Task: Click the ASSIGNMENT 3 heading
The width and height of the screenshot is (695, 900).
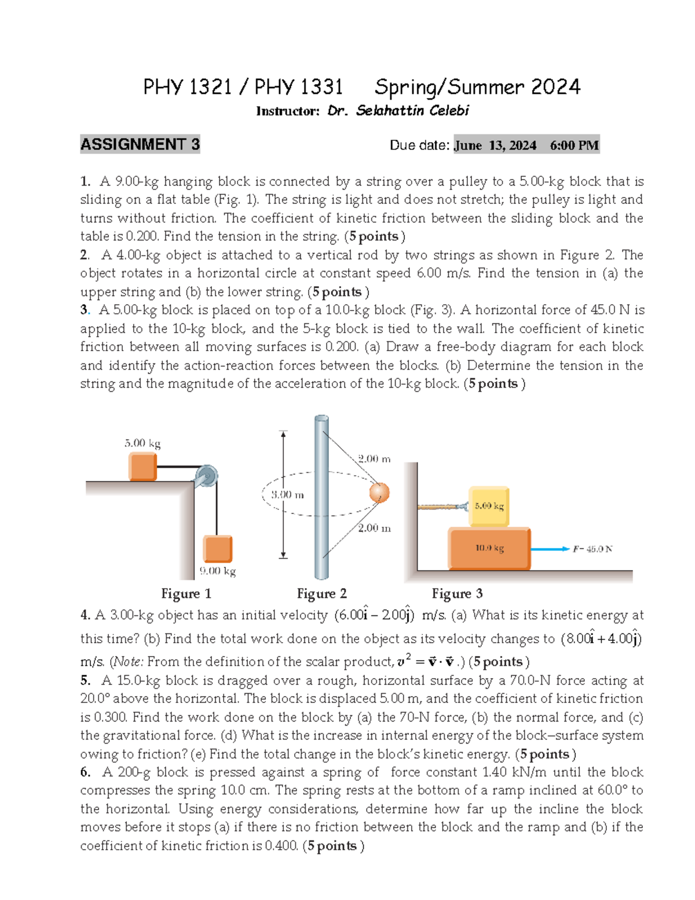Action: click(140, 144)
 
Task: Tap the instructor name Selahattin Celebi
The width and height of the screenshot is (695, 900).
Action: click(412, 111)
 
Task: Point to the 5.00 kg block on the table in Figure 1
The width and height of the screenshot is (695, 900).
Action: click(142, 467)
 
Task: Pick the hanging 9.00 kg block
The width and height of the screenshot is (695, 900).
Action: click(218, 548)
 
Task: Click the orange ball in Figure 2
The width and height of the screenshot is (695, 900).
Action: click(379, 493)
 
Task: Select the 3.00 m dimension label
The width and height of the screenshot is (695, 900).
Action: click(287, 495)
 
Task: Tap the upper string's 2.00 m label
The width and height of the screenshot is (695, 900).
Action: click(374, 459)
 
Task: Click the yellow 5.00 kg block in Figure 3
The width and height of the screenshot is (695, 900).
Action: click(489, 506)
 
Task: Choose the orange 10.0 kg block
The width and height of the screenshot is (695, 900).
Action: click(489, 548)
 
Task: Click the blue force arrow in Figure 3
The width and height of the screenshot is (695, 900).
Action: click(550, 549)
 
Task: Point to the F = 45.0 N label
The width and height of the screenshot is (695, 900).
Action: click(592, 549)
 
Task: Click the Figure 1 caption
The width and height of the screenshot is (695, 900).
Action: click(186, 593)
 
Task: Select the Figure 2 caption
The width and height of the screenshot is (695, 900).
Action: click(321, 593)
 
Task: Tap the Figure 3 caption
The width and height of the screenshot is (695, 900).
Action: click(457, 593)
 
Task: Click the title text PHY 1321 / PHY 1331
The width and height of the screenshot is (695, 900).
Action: click(243, 88)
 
